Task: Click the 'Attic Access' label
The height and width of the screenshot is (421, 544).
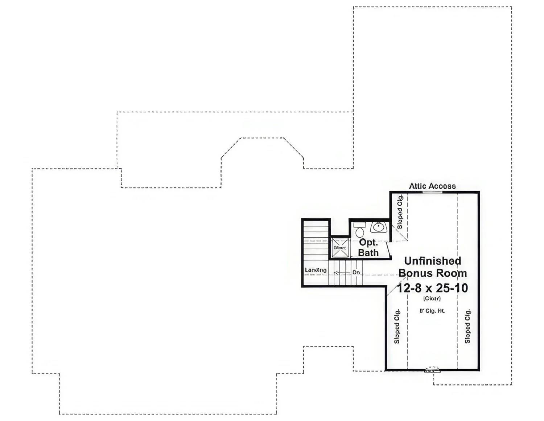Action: (432, 186)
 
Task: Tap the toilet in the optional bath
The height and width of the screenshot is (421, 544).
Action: (360, 230)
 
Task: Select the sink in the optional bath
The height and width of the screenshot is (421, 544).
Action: (379, 227)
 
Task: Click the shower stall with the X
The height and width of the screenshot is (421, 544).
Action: (340, 248)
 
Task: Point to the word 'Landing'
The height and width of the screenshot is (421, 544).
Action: (316, 270)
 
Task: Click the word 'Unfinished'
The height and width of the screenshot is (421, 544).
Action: (432, 261)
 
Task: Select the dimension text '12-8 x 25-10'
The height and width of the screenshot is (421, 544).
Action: (432, 288)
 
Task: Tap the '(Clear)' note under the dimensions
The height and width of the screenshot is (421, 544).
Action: (432, 299)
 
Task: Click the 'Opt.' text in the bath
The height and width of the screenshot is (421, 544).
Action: (368, 242)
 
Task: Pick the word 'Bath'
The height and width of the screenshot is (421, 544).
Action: (368, 253)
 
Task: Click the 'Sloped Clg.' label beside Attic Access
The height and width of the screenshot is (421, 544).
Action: (400, 212)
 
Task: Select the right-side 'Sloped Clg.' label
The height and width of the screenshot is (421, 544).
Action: (467, 326)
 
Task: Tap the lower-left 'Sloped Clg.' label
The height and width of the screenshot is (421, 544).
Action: (397, 326)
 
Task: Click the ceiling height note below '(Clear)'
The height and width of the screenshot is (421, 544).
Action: (432, 311)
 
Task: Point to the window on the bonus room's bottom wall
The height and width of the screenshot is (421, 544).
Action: (432, 371)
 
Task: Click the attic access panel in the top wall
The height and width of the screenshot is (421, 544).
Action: (432, 192)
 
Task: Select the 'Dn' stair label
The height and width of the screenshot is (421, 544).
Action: (357, 272)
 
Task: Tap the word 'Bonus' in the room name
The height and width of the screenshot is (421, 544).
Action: (416, 273)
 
